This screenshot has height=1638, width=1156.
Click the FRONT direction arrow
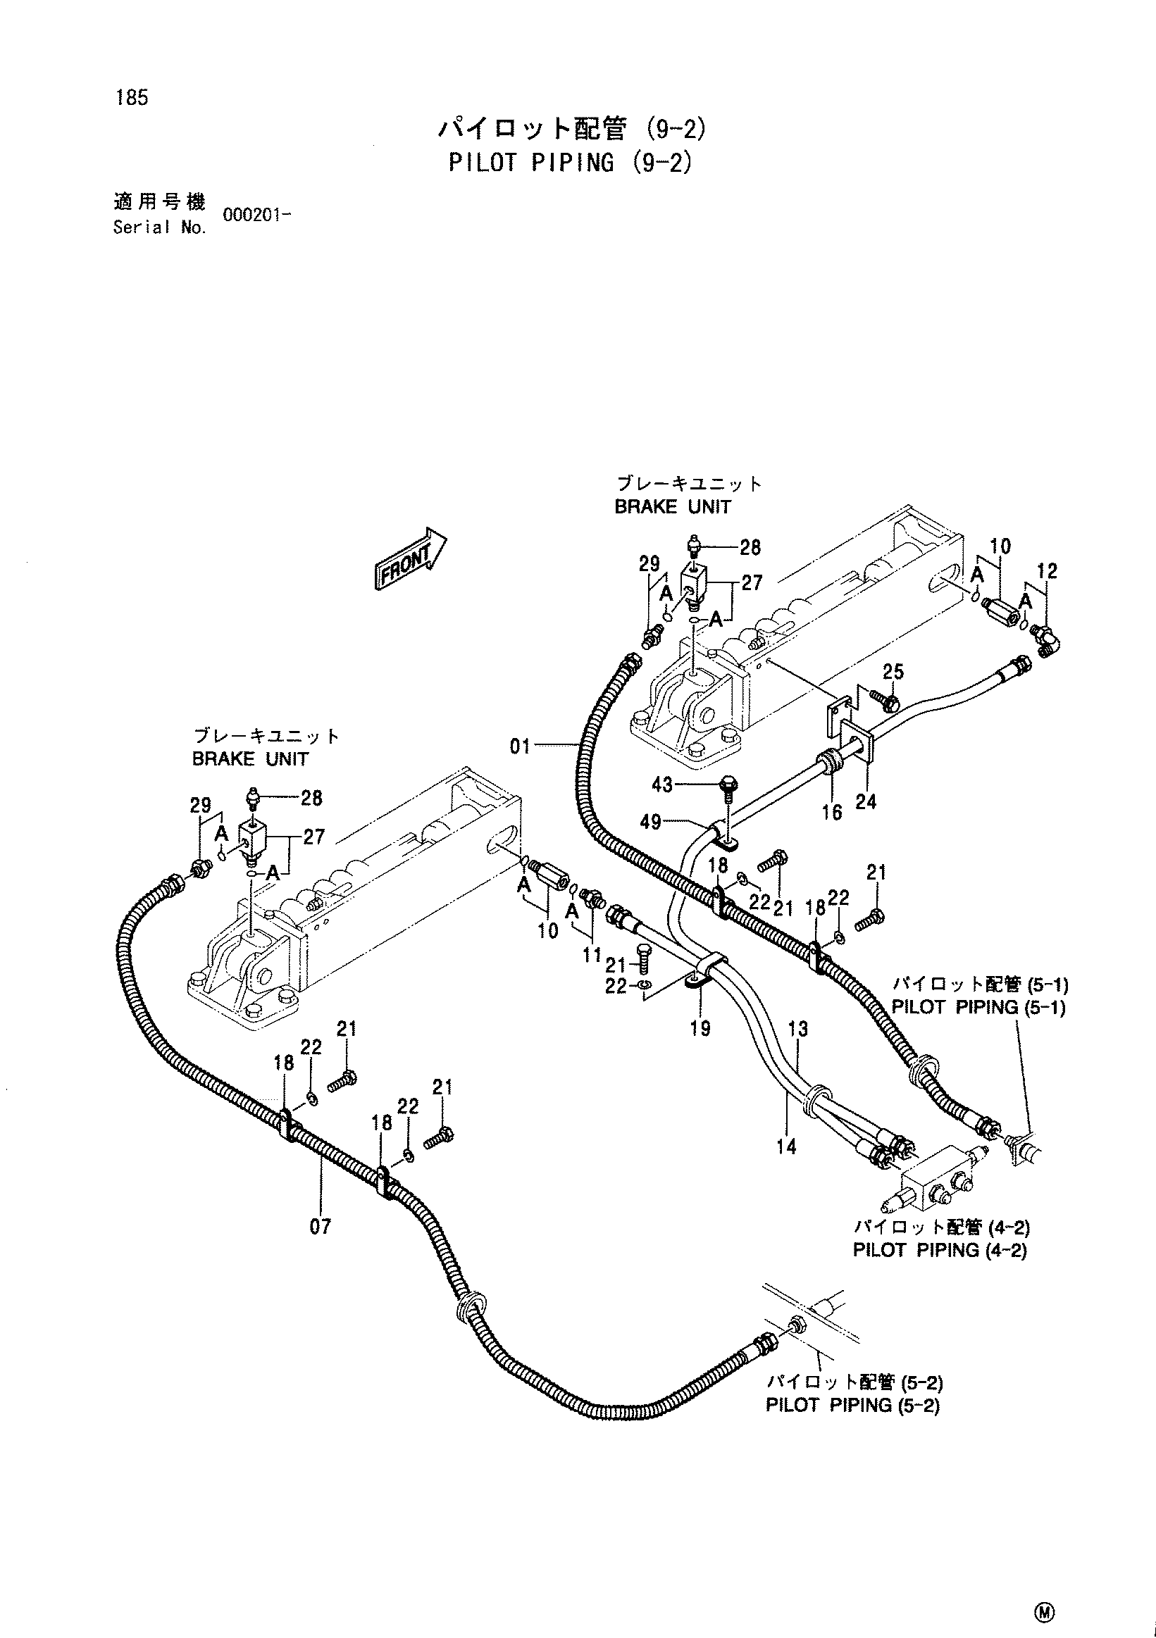click(410, 558)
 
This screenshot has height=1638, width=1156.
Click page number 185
click(131, 98)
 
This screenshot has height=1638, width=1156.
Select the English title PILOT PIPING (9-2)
click(571, 163)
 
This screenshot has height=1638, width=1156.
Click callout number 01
click(520, 747)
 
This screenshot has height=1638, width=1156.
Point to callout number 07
click(321, 1226)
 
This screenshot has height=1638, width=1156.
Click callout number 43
click(662, 784)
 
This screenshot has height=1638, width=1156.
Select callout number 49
click(651, 823)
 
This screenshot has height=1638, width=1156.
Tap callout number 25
click(893, 672)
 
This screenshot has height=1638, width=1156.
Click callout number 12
click(1048, 571)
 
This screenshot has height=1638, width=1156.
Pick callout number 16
click(832, 812)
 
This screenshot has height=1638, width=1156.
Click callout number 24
click(866, 802)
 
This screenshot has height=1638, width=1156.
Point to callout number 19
click(700, 1028)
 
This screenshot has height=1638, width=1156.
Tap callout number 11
click(592, 954)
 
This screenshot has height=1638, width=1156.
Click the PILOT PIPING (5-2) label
click(852, 1405)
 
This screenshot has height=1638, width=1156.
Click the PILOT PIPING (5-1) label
click(978, 1007)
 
